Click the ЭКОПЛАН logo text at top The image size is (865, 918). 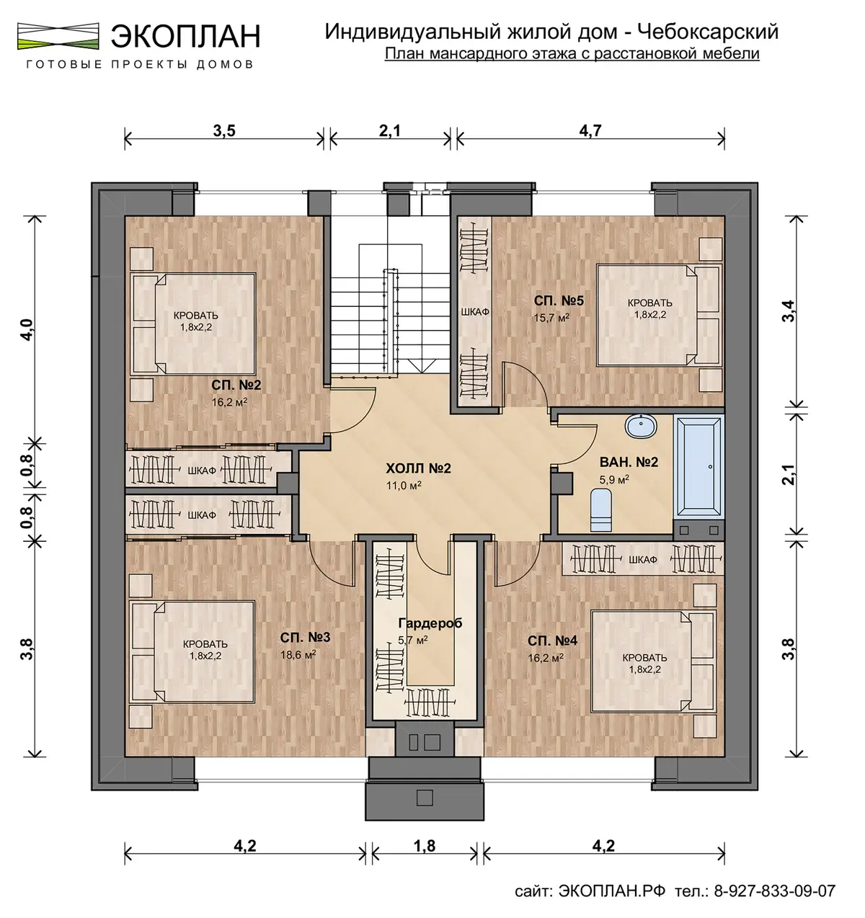(x=185, y=35)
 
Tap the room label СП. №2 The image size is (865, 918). (x=236, y=385)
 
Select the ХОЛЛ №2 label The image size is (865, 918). (x=418, y=468)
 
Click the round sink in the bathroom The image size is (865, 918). (x=641, y=426)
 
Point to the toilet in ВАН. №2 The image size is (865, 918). (x=601, y=510)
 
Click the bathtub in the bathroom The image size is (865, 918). (x=698, y=467)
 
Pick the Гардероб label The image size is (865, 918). (x=430, y=623)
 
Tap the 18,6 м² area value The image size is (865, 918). (x=298, y=654)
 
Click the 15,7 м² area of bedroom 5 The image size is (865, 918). (x=551, y=318)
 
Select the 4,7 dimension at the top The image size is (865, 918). (x=590, y=131)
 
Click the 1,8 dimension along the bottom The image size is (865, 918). (x=424, y=846)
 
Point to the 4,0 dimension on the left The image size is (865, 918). (x=27, y=329)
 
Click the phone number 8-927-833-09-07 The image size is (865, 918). (x=775, y=891)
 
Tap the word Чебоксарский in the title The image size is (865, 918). (x=708, y=32)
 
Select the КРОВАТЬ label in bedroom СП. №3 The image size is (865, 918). (x=205, y=644)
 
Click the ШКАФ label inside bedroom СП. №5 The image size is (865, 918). (x=475, y=312)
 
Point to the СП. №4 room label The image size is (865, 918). (x=552, y=641)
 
